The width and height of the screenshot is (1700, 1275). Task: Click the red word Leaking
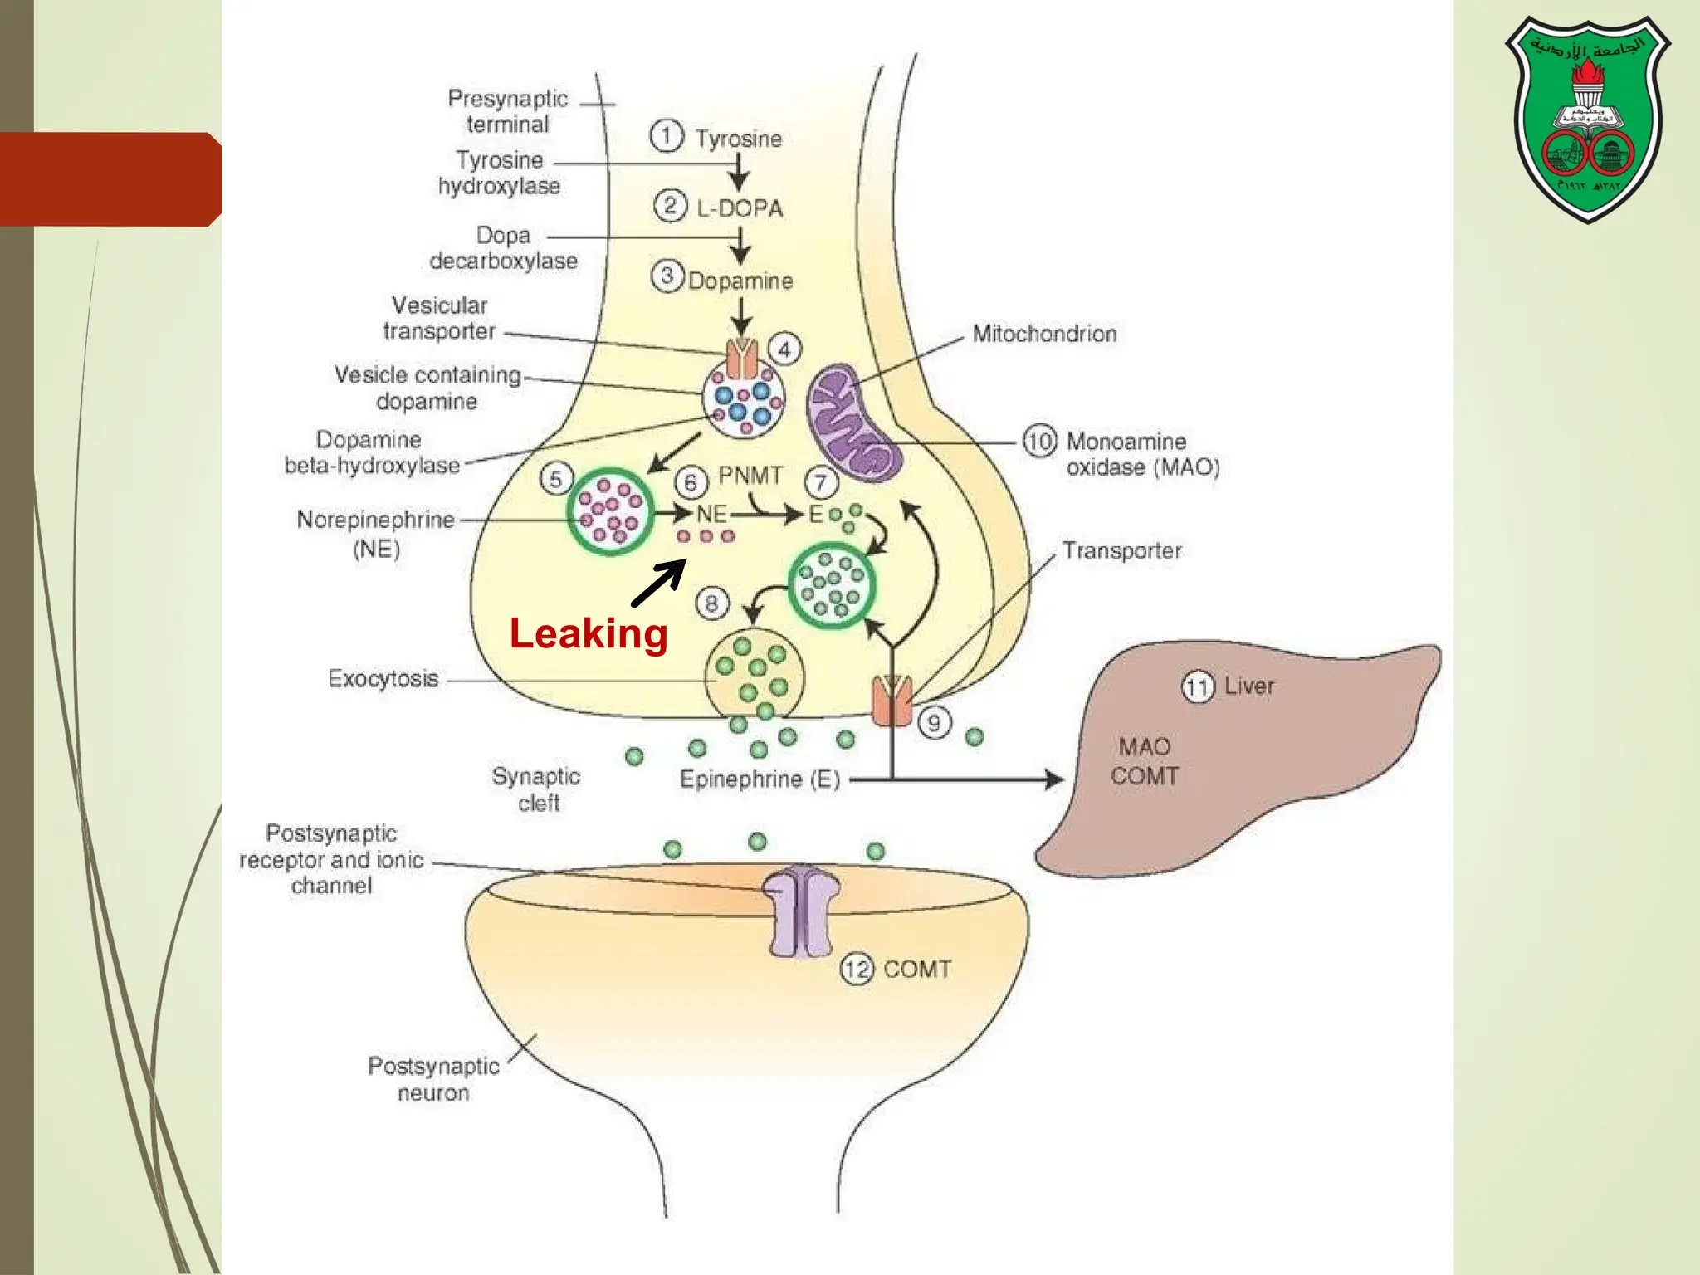589,634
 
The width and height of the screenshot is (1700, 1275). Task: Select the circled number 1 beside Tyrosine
667,136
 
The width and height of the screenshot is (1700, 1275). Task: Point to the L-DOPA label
739,208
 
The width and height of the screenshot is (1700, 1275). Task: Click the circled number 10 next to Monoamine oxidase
1039,441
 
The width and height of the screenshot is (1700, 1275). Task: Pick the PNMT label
750,476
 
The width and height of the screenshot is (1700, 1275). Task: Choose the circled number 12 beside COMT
857,969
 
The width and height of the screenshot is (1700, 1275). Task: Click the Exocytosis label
383,679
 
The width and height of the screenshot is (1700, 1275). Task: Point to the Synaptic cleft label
537,789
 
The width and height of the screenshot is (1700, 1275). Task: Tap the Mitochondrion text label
1044,334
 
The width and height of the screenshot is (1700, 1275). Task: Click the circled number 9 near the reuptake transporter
934,723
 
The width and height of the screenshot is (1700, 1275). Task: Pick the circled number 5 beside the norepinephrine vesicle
555,478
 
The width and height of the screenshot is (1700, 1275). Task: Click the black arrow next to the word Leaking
659,583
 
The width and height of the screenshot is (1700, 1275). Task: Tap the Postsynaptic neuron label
433,1079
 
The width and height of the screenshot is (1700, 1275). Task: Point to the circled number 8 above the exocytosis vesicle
711,603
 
